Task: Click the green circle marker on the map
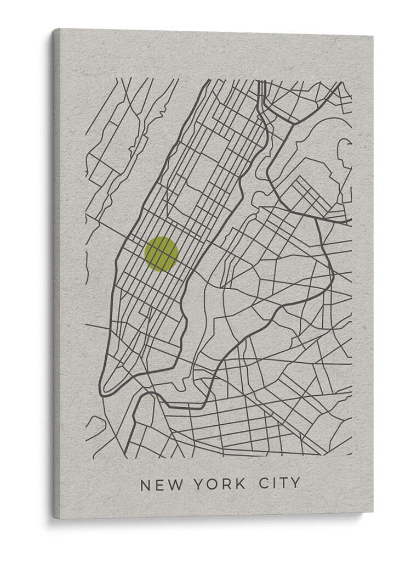click(x=161, y=254)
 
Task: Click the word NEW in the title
click(x=159, y=485)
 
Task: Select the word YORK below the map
click(x=218, y=484)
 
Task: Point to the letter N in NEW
click(x=145, y=485)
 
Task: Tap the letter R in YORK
click(x=226, y=484)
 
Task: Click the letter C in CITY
click(x=263, y=484)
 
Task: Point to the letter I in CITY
click(x=275, y=484)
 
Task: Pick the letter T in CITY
click(x=284, y=484)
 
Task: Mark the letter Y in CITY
click(x=296, y=483)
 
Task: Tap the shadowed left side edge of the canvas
click(x=56, y=274)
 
